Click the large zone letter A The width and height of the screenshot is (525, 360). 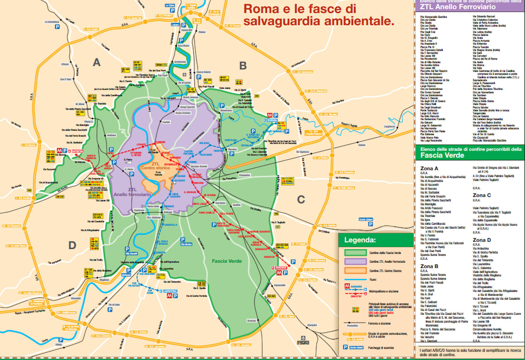(x=97, y=62)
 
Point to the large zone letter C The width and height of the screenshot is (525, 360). (x=301, y=200)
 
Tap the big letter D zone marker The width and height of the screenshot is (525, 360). (x=72, y=246)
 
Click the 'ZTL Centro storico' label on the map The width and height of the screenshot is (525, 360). (x=155, y=166)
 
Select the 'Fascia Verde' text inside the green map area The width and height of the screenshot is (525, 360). (x=227, y=261)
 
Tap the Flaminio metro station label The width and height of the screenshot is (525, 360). (x=160, y=142)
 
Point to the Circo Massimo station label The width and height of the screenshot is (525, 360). (x=175, y=195)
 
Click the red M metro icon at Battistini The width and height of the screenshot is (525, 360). (x=60, y=151)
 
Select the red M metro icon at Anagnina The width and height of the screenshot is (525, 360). (x=279, y=273)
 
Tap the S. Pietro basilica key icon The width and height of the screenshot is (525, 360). (x=129, y=163)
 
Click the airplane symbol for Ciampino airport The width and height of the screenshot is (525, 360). (x=303, y=338)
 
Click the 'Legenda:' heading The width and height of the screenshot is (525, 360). (x=360, y=240)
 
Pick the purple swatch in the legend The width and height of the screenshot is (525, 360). (x=355, y=262)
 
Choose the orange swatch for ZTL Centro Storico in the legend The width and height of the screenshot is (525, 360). (x=355, y=271)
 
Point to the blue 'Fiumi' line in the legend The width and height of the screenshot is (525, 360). (x=355, y=279)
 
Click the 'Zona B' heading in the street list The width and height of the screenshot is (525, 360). (x=429, y=266)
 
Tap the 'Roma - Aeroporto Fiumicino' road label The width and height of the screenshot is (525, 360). (x=30, y=312)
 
